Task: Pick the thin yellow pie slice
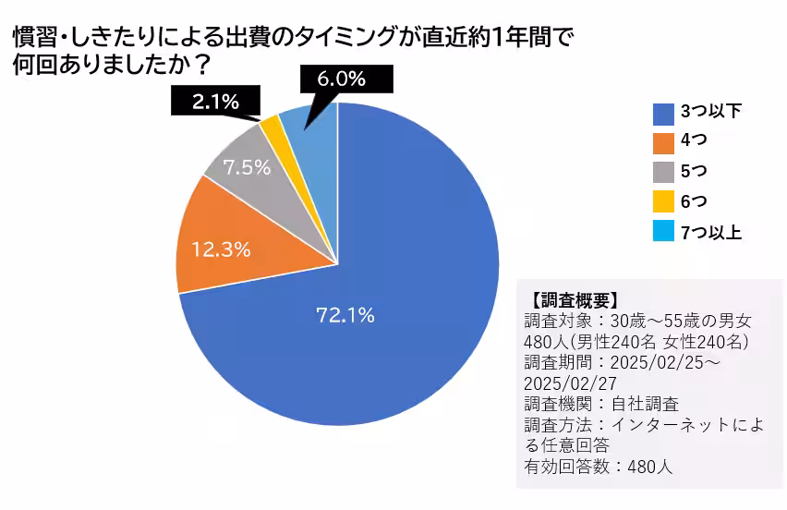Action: coord(271,126)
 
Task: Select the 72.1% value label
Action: coord(345,315)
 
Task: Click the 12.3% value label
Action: coord(221,249)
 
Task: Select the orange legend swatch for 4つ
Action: coord(663,143)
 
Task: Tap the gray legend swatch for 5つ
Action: coord(663,173)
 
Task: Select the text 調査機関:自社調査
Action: coord(600,404)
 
